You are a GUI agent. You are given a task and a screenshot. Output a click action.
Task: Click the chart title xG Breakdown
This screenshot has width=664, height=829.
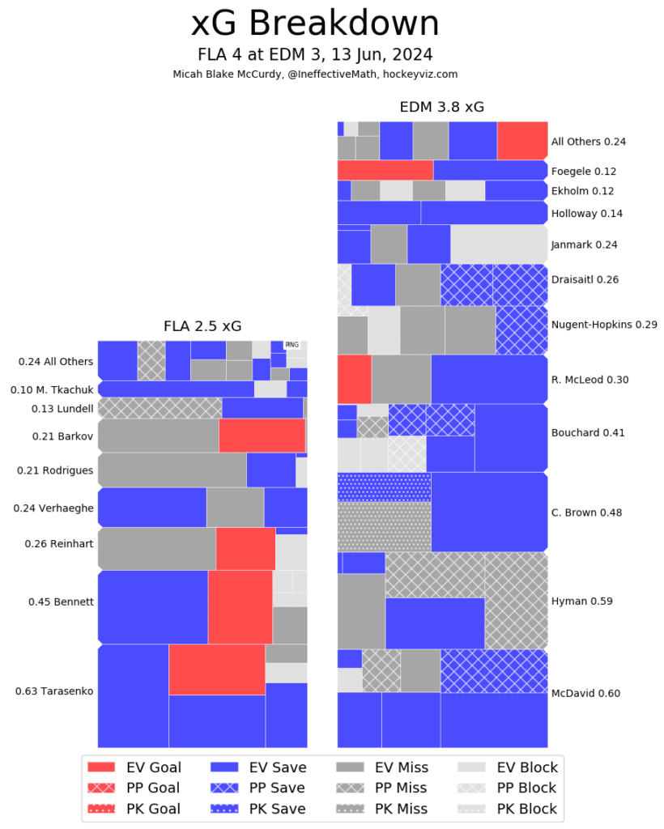(x=315, y=24)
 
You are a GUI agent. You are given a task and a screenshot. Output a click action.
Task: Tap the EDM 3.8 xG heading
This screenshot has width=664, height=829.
(x=441, y=107)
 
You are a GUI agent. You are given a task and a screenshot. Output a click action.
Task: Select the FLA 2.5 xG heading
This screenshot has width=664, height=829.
(x=202, y=326)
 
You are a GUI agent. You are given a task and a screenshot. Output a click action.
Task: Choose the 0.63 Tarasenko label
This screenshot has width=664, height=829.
(x=54, y=691)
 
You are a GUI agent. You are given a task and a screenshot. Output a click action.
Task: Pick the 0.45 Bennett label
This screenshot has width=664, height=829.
(x=61, y=602)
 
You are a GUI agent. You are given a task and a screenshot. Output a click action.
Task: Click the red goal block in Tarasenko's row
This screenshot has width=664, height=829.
(x=216, y=669)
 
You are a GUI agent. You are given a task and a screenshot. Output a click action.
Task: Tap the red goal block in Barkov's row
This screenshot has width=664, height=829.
(x=262, y=436)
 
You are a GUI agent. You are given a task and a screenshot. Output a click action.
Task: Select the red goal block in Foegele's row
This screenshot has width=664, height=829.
(x=385, y=170)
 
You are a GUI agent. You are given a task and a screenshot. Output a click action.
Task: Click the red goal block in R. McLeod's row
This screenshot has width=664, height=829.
(x=354, y=379)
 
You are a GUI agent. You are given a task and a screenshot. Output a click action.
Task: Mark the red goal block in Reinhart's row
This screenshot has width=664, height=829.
(x=245, y=549)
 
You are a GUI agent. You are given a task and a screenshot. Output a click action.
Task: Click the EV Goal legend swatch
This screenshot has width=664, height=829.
(x=101, y=767)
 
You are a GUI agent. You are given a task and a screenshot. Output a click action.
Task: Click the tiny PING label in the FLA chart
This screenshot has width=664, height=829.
(x=292, y=345)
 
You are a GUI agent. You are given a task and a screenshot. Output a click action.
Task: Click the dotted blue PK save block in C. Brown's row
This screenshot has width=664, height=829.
(x=384, y=487)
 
